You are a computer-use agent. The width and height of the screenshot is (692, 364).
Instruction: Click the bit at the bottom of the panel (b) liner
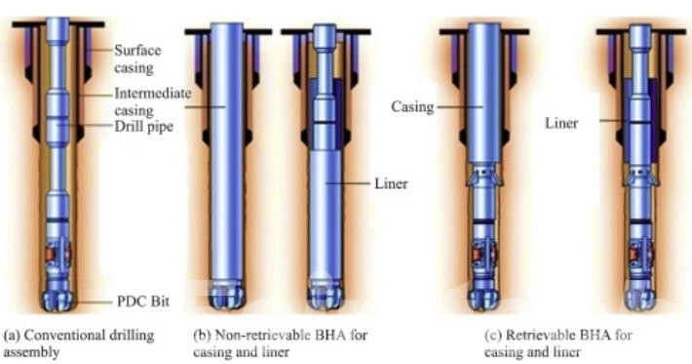321,290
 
